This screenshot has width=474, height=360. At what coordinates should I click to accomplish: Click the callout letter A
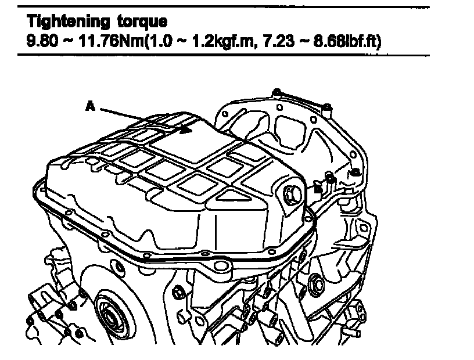pos(89,106)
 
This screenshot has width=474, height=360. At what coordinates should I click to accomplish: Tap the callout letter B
pos(318,188)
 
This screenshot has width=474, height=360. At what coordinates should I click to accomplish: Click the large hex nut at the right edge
pos(317,285)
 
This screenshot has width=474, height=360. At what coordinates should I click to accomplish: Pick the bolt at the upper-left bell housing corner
pos(277,92)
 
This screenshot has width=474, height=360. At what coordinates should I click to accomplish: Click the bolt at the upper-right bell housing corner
pos(327,107)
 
